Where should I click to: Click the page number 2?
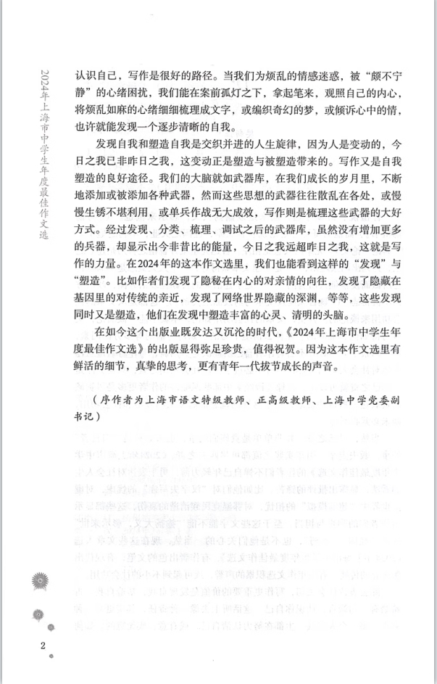click(x=44, y=646)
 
